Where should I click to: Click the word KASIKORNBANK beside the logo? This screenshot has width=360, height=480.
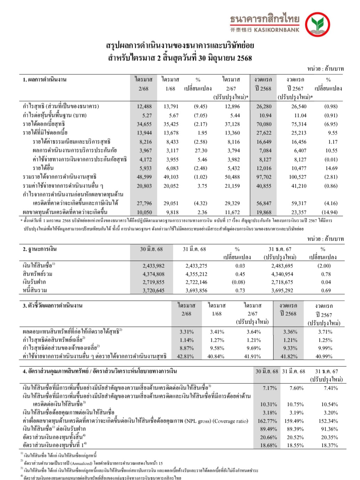pos(277,30)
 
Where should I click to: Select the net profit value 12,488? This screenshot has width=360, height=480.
pos(144,107)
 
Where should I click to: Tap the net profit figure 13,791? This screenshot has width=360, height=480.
pos(171,107)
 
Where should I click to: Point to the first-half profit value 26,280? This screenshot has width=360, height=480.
pos(264,107)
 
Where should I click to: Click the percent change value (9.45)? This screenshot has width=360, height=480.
pos(201,107)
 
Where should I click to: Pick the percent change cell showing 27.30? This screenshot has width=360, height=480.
pos(201,151)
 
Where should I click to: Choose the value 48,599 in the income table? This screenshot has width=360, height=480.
pos(144,177)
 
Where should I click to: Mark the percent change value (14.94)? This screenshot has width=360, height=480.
pos(330,212)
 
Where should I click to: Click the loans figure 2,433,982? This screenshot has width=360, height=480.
pos(154,266)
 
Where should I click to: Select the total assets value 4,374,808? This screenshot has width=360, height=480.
pos(154,274)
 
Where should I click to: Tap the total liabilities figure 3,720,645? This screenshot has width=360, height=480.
pos(154,290)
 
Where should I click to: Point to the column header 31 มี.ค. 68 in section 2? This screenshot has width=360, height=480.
pos(194,249)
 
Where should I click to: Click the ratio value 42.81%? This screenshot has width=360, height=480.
pos(185,356)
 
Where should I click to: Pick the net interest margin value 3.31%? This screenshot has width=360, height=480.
pos(187,332)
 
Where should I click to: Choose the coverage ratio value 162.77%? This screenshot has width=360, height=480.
pos(267,421)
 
